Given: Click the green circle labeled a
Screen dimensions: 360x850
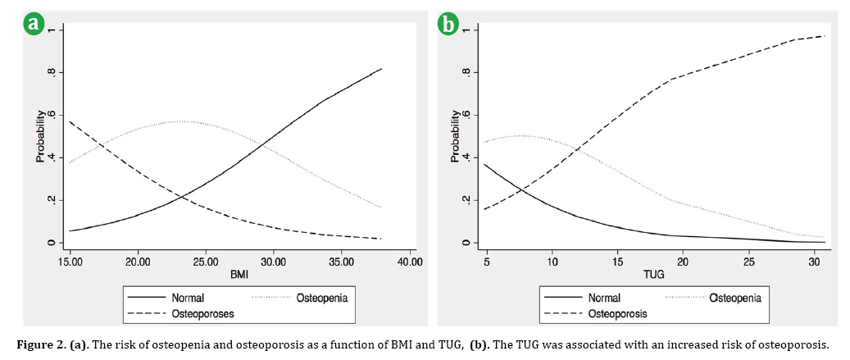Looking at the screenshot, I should pyautogui.click(x=34, y=25).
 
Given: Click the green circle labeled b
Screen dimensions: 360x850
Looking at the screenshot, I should pyautogui.click(x=448, y=25).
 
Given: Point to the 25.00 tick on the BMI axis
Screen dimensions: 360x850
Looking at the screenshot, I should pyautogui.click(x=206, y=262).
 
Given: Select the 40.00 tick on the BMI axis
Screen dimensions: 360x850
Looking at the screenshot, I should pyautogui.click(x=409, y=262).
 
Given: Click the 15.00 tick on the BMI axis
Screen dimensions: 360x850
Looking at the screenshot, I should pyautogui.click(x=70, y=262).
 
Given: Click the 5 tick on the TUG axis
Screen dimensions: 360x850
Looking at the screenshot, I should pyautogui.click(x=486, y=262).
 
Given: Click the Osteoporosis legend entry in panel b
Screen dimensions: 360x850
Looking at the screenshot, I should pyautogui.click(x=618, y=314).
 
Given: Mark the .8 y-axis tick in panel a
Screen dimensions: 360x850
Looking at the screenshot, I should pyautogui.click(x=52, y=72).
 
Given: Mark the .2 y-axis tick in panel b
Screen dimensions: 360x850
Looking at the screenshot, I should pyautogui.click(x=466, y=200).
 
